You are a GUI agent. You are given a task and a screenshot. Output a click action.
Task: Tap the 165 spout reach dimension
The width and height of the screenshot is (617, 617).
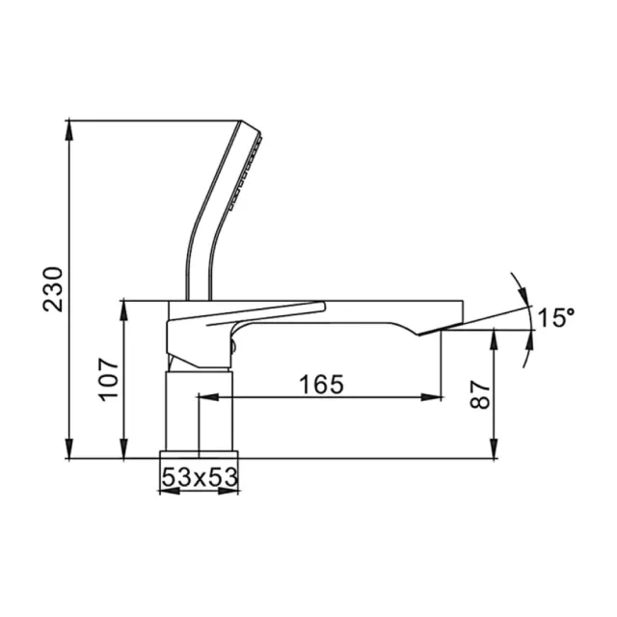coord(321,385)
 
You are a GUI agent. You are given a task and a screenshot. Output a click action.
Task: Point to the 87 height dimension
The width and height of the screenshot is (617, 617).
coord(479,393)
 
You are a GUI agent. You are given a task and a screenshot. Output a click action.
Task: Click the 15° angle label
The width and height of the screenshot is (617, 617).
coord(556,317)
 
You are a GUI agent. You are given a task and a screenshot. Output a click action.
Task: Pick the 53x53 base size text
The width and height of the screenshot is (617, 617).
coord(198,475)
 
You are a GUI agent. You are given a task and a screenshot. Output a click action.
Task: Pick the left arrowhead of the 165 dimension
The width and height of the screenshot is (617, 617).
coord(203,396)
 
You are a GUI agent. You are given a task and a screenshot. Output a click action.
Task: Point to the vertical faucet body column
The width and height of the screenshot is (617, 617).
coord(198,410)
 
